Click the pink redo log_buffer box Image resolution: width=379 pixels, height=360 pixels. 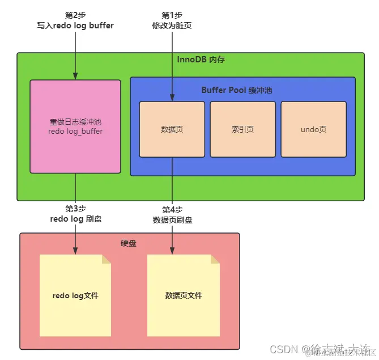coord(75,126)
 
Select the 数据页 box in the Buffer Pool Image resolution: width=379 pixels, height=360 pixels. coord(172,129)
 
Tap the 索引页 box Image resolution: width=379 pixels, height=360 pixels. coord(242,129)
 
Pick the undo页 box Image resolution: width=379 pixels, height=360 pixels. coord(313,129)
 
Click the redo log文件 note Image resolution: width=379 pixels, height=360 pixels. coord(75,295)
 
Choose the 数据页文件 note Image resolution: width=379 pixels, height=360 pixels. coord(184,295)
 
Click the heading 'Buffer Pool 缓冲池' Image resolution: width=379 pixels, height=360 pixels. coord(238,90)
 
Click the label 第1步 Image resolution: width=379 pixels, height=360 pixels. coord(172,15)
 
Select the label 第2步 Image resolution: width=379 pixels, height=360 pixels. coord(75,15)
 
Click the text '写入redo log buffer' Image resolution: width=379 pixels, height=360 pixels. coord(75,26)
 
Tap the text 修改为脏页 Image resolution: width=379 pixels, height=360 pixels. coord(172,26)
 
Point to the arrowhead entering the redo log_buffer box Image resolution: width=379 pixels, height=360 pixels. coord(75,77)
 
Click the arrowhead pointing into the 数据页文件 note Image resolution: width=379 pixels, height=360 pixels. coord(172,251)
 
